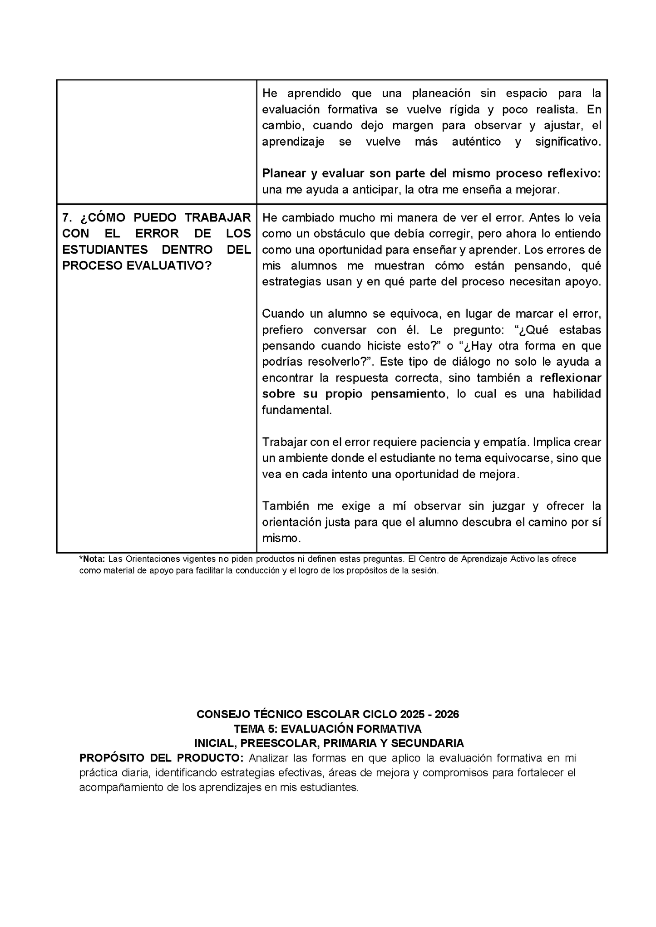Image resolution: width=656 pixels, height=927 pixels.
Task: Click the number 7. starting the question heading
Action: pyautogui.click(x=67, y=218)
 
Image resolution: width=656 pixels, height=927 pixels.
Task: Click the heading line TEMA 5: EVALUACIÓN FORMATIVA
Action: pyautogui.click(x=327, y=729)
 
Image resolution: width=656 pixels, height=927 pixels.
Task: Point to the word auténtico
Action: pyautogui.click(x=476, y=142)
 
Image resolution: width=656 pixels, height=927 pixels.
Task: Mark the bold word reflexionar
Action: pyautogui.click(x=571, y=378)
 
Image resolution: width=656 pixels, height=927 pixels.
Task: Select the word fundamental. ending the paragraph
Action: pyautogui.click(x=297, y=410)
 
